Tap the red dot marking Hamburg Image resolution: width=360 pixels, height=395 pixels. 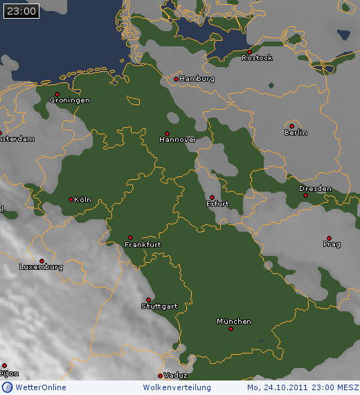[177, 79]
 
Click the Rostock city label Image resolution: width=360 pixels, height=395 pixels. [257, 58]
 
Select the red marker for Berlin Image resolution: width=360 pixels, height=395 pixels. [291, 126]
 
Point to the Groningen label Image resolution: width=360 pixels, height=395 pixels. [69, 100]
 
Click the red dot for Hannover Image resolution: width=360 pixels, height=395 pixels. [167, 134]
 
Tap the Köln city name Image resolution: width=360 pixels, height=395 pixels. [82, 200]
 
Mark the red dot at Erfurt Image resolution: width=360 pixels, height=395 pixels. [213, 197]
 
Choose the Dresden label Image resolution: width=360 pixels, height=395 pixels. [315, 189]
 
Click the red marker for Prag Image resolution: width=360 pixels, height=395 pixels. [329, 238]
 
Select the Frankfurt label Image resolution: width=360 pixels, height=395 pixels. [143, 245]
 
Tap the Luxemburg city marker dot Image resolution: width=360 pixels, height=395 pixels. [42, 261]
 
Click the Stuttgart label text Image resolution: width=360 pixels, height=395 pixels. [159, 306]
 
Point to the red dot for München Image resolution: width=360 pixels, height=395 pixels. [231, 329]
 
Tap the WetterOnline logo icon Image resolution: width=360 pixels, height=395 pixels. [7, 387]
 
